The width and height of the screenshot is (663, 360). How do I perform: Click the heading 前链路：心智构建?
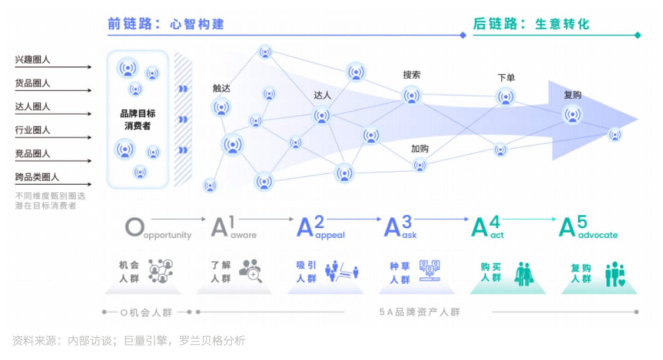[166, 24]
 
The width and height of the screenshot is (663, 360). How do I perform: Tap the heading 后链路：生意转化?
[531, 24]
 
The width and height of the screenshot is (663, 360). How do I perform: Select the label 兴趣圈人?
[33, 60]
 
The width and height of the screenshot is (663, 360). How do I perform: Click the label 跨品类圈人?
[37, 177]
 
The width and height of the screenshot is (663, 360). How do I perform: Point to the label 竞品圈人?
[33, 153]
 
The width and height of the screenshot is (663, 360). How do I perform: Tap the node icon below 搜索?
[411, 95]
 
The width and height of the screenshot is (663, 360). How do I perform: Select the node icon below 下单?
[505, 97]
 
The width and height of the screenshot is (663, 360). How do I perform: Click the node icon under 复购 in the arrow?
[572, 114]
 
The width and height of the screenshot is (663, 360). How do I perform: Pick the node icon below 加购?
[419, 165]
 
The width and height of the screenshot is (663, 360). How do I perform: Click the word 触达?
[221, 88]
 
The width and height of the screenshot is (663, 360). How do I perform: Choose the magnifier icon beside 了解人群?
[251, 271]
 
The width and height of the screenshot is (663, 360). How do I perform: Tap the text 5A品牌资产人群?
[419, 312]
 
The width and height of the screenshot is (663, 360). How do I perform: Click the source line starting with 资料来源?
[129, 341]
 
